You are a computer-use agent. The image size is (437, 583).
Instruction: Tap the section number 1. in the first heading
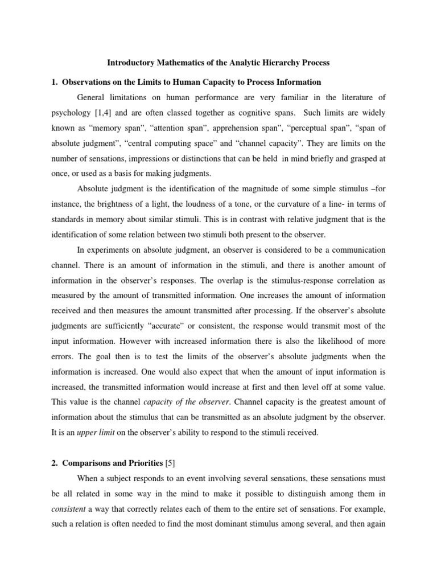tap(56, 82)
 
